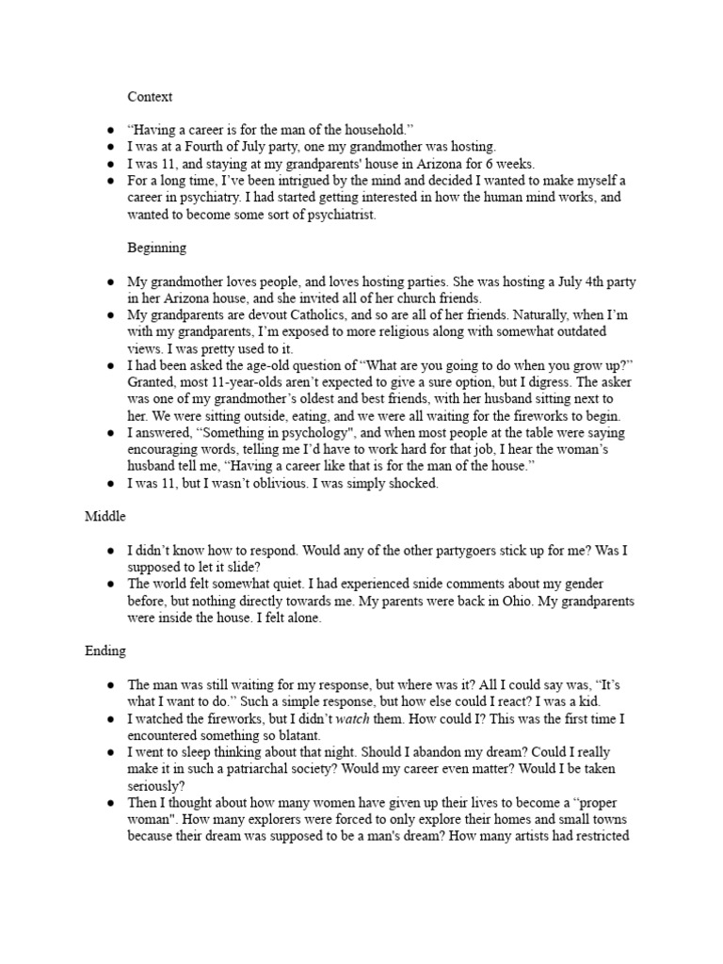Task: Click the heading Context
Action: click(150, 96)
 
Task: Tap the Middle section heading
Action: click(104, 516)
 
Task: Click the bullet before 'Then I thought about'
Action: click(110, 804)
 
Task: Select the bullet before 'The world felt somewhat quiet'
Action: click(110, 584)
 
